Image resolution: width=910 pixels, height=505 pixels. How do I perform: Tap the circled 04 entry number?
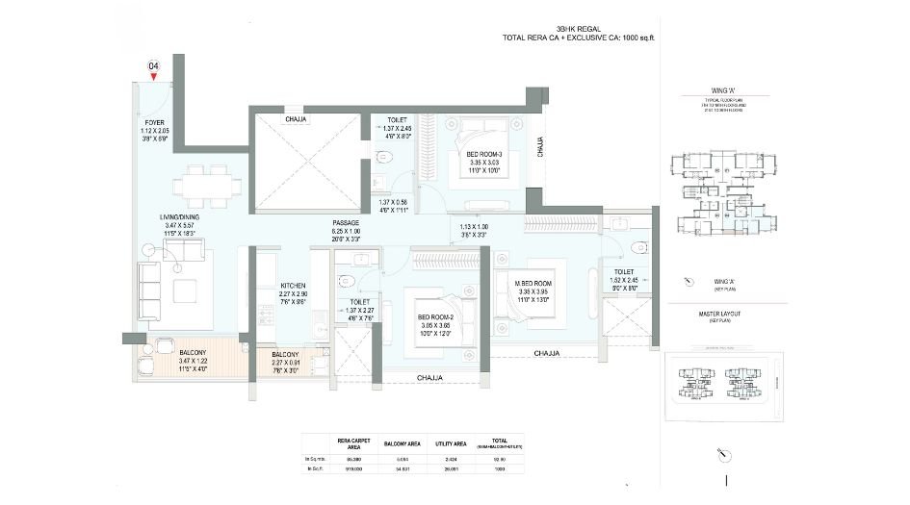(153, 65)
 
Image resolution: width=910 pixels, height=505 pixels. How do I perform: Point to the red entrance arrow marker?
(153, 77)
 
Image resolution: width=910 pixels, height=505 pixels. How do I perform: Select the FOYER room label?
(154, 123)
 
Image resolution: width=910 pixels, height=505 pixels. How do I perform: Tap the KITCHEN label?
(293, 286)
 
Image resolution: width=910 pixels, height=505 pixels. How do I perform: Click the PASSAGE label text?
(346, 222)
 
